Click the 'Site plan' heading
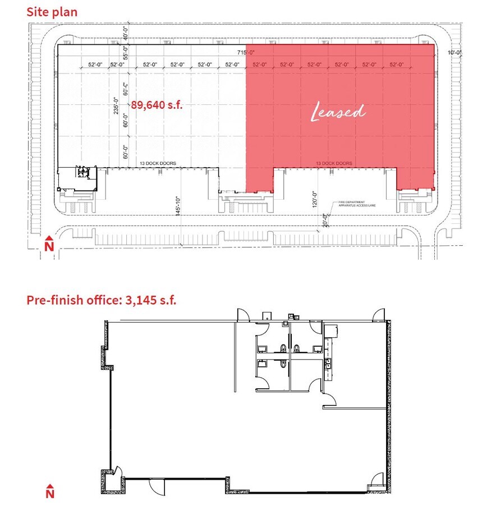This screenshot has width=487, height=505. click(52, 11)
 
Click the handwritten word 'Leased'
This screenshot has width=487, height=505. click(338, 112)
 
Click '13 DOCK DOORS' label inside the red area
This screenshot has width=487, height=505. click(334, 164)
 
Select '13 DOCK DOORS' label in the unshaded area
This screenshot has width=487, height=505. click(158, 164)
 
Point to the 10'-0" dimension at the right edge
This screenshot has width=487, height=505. click(454, 53)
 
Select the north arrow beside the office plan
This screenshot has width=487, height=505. click(49, 492)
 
